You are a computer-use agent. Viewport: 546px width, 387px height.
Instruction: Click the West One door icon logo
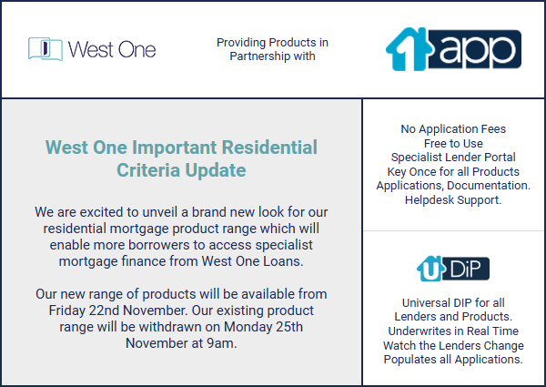click(x=45, y=49)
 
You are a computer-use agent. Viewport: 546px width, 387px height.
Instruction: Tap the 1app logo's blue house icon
click(x=408, y=49)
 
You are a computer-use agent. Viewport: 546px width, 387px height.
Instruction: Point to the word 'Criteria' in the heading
click(x=148, y=170)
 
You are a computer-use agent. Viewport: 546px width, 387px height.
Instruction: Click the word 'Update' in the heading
click(x=215, y=170)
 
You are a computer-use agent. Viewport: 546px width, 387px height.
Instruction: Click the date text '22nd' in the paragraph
click(x=101, y=311)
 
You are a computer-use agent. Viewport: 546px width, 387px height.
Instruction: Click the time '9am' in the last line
click(x=220, y=343)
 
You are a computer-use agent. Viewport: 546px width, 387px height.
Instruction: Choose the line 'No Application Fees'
click(x=453, y=129)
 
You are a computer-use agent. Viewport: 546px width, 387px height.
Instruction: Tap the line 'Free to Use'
click(x=453, y=143)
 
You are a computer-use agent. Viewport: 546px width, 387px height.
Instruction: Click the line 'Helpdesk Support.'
click(x=453, y=200)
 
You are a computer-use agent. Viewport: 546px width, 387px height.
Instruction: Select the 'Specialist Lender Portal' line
click(x=453, y=158)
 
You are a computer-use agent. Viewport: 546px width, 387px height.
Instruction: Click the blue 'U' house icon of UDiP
click(x=430, y=269)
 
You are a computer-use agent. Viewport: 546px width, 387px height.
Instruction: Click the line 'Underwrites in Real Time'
click(x=453, y=331)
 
